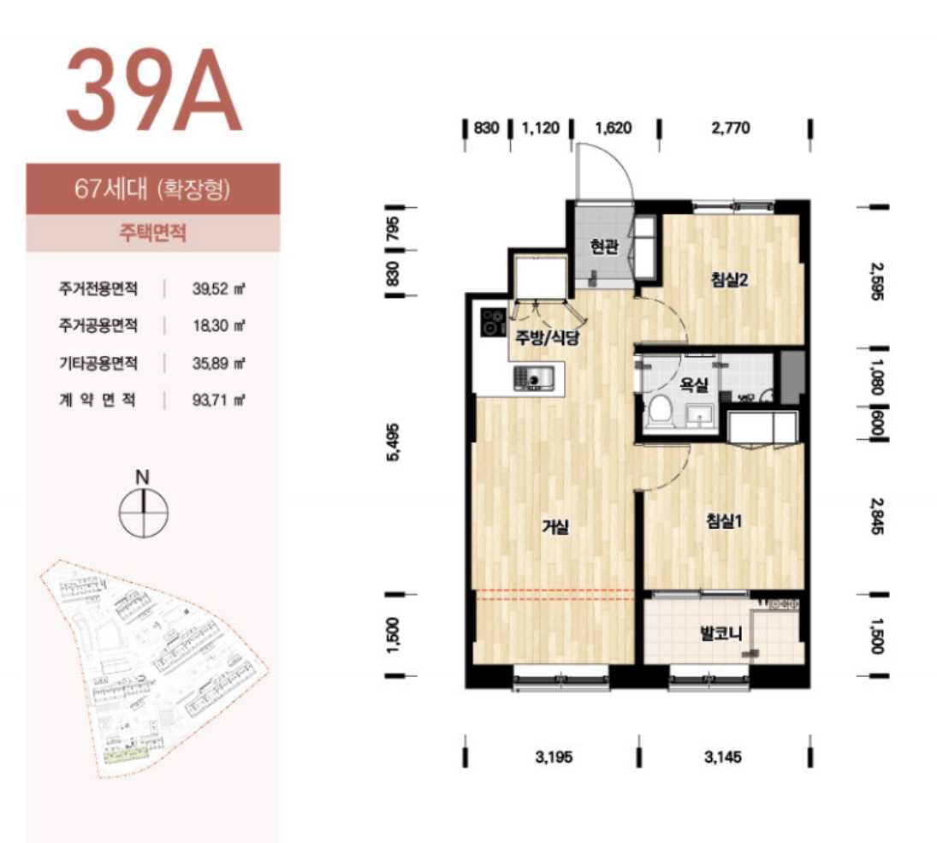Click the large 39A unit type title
(153, 90)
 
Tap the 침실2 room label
(729, 279)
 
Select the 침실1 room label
(724, 521)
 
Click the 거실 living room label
(555, 526)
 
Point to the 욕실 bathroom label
(694, 384)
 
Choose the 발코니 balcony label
(721, 633)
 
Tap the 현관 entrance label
(603, 246)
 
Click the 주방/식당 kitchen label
(548, 338)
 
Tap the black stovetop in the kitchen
(494, 323)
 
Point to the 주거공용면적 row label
(98, 326)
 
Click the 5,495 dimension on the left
(394, 442)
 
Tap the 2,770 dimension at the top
(731, 128)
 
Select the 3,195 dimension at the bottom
(554, 757)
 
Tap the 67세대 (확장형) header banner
(153, 189)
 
